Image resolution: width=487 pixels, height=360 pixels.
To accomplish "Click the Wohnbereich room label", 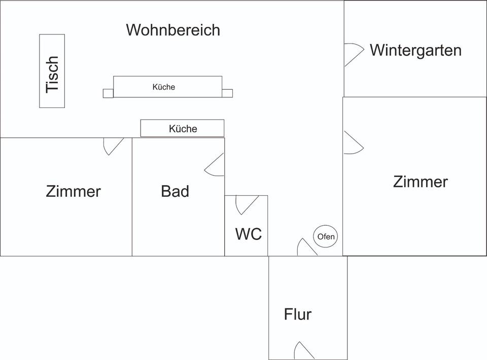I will pyautogui.click(x=173, y=30).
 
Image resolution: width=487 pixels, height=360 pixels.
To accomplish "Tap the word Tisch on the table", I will pyautogui.click(x=52, y=74).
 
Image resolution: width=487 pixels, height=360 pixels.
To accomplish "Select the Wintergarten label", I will pyautogui.click(x=415, y=50).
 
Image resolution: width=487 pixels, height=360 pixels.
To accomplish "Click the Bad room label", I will pyautogui.click(x=175, y=191).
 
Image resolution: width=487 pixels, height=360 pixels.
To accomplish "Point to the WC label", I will pyautogui.click(x=249, y=234).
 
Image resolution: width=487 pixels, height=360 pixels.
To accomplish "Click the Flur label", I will pyautogui.click(x=298, y=314).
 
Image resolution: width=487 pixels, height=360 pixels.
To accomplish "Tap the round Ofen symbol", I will pyautogui.click(x=326, y=236).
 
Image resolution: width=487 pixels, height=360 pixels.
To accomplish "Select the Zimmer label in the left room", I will pyautogui.click(x=74, y=192).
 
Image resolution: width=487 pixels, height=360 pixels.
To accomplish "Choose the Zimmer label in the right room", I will pyautogui.click(x=421, y=182).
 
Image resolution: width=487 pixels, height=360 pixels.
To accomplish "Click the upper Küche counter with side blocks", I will pyautogui.click(x=167, y=87).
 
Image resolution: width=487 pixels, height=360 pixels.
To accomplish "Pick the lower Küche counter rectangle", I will pyautogui.click(x=182, y=129).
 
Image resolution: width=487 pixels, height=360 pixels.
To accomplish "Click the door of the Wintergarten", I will pyautogui.click(x=354, y=54).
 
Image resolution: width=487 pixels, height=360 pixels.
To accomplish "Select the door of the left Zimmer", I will pyautogui.click(x=113, y=146).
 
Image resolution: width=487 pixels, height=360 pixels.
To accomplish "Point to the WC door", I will pyautogui.click(x=246, y=204).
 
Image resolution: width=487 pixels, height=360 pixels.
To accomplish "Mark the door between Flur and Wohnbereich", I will pyautogui.click(x=306, y=247).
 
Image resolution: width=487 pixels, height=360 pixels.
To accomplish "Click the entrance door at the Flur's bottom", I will pyautogui.click(x=303, y=351).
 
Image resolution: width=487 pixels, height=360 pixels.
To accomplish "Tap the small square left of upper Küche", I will pyautogui.click(x=108, y=93).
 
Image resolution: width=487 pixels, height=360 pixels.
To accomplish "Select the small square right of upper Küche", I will pyautogui.click(x=227, y=93).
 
